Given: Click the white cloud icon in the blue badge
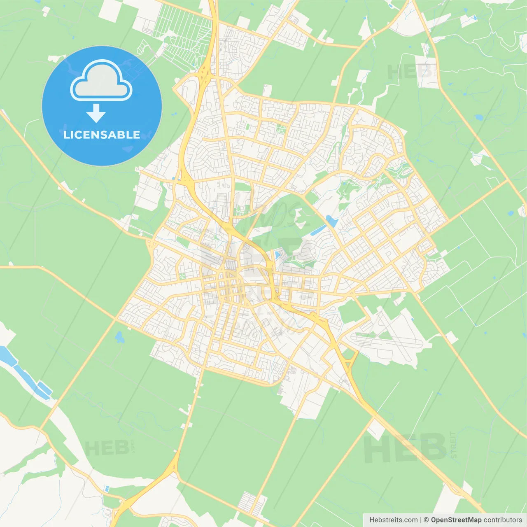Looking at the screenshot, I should coord(101,81).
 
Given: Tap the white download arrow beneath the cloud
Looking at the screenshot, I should coord(96,113).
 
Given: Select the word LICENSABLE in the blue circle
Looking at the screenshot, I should coord(102,135).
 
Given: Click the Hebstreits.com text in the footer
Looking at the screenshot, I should coord(393,520).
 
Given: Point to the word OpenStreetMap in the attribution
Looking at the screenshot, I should coord(456,520).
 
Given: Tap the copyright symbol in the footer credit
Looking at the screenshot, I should coord(426,520).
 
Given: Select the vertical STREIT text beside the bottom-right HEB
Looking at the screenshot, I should coord(453,445).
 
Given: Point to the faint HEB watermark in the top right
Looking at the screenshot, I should coord(409,72).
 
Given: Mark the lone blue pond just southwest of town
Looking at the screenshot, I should coord(120,338).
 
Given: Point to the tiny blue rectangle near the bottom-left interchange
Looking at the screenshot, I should coord(107,489).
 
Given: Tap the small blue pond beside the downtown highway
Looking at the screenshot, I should coord(277,255).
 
